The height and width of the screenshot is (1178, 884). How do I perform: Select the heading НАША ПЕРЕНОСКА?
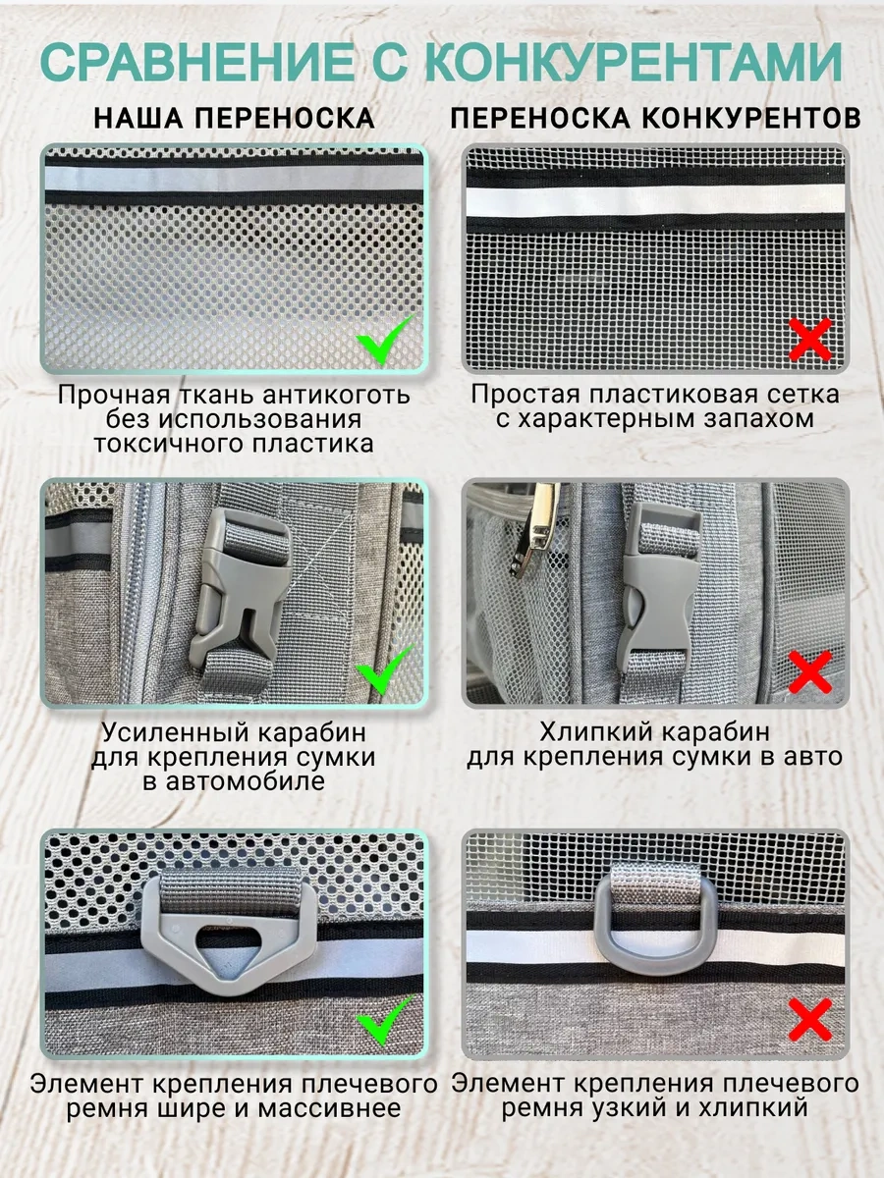(235, 119)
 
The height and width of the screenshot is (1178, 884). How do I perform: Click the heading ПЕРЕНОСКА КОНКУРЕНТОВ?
(655, 119)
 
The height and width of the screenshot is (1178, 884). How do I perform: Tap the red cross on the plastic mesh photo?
(810, 340)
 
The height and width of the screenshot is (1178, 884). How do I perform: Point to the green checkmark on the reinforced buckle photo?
(385, 670)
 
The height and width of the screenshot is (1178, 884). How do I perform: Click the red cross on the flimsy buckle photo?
(810, 670)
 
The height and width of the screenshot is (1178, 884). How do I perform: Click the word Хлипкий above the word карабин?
(600, 732)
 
